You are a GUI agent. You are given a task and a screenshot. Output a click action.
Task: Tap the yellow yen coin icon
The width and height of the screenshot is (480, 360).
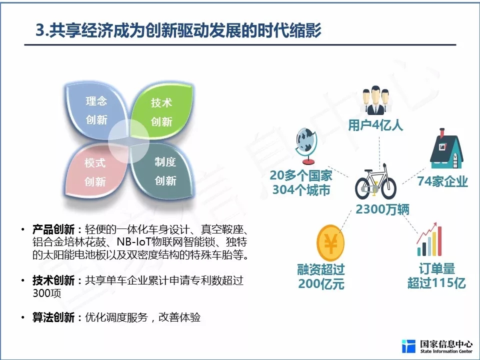click(330, 243)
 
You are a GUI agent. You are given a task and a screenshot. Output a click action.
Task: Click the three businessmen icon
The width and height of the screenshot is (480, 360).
click(375, 100)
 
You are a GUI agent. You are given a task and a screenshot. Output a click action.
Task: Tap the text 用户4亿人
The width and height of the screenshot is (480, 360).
click(375, 125)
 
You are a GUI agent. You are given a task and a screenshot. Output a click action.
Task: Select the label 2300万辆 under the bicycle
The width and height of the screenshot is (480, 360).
click(382, 209)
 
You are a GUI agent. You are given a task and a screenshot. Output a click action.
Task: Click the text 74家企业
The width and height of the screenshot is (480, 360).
click(442, 181)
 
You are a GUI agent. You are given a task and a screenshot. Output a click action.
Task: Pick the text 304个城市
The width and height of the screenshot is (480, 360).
click(301, 190)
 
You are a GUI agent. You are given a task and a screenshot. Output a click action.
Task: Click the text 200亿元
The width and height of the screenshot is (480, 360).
click(321, 284)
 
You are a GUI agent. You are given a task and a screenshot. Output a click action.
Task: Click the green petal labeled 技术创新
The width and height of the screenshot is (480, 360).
click(162, 112)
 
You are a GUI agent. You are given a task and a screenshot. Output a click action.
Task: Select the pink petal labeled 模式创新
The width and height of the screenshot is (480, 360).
click(95, 171)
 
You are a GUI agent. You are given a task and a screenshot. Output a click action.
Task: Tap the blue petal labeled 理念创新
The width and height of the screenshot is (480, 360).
click(96, 111)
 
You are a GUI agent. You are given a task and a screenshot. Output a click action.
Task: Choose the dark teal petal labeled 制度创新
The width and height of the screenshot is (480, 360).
click(164, 171)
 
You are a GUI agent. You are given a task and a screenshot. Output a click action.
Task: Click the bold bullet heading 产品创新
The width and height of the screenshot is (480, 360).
click(53, 229)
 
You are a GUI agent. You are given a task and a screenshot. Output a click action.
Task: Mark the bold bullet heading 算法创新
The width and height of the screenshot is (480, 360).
click(53, 317)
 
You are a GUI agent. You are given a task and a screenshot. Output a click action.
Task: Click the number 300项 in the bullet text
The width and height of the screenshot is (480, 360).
click(47, 293)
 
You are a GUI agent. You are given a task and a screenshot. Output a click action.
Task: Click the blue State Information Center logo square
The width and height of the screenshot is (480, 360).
click(408, 346)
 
